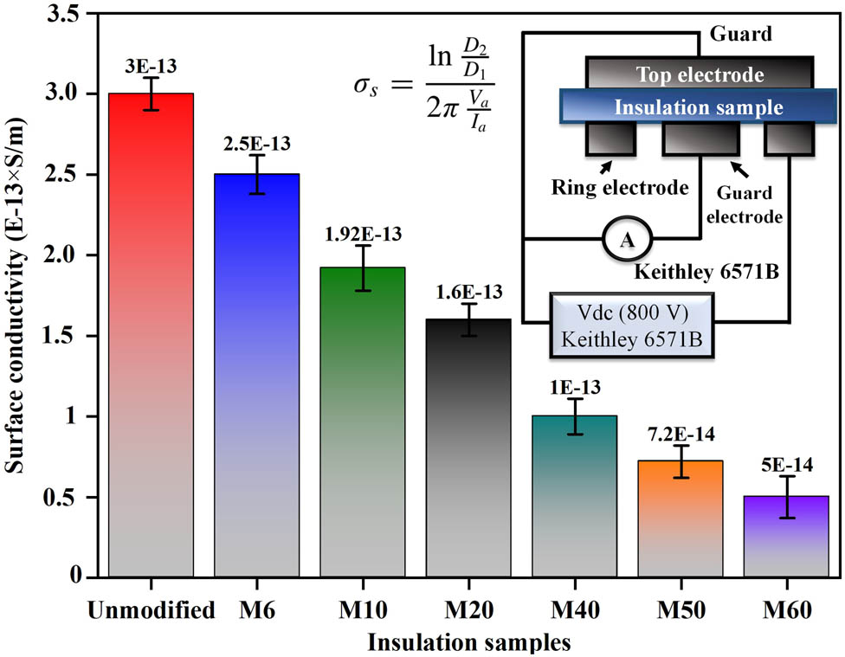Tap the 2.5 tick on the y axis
(61, 175)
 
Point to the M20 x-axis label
(468, 611)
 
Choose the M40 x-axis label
(575, 611)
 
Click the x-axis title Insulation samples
(468, 642)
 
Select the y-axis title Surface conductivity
(18, 294)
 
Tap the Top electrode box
(700, 74)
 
